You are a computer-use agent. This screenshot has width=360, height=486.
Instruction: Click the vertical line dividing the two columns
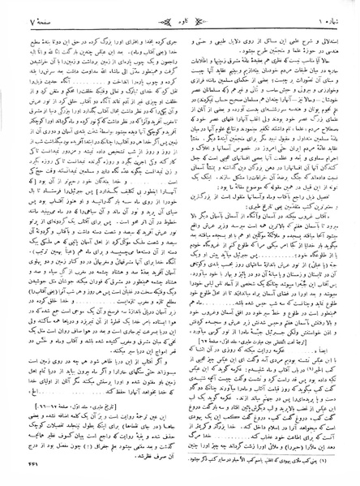180,243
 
